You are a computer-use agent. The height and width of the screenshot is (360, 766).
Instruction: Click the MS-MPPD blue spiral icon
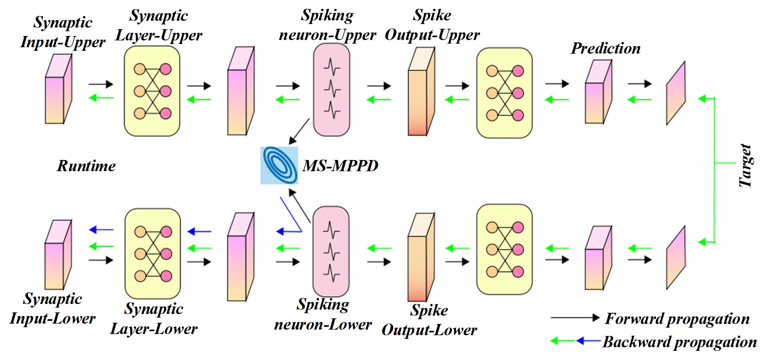click(x=279, y=166)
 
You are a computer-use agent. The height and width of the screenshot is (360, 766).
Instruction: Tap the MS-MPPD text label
click(x=340, y=166)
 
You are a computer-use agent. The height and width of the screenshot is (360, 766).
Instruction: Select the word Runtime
click(x=86, y=166)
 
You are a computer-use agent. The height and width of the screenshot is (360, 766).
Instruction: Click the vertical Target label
click(x=745, y=166)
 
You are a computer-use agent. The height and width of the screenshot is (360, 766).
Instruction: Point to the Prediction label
click(x=606, y=48)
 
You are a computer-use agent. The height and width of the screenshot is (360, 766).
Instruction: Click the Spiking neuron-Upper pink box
click(x=332, y=90)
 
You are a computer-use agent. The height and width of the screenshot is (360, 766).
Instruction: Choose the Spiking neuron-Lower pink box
click(x=331, y=251)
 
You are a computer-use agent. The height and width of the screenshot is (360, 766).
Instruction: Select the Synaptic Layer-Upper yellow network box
click(x=152, y=91)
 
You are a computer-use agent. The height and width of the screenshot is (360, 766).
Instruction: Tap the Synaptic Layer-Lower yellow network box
click(x=152, y=253)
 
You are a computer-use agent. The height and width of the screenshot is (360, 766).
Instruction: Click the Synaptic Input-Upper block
click(x=58, y=90)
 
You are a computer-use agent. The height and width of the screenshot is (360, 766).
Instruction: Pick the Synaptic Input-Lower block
click(x=58, y=255)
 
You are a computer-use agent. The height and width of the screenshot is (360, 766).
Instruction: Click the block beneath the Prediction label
click(x=598, y=92)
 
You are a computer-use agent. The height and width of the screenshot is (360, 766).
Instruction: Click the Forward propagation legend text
click(x=677, y=318)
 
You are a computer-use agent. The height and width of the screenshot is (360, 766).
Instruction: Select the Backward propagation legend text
click(x=680, y=342)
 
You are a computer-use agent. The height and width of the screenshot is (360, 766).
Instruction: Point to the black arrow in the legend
click(x=575, y=318)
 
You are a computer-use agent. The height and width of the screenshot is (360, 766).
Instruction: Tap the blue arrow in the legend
click(x=588, y=341)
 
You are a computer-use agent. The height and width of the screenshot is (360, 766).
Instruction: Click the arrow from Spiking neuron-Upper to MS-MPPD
click(x=299, y=131)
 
